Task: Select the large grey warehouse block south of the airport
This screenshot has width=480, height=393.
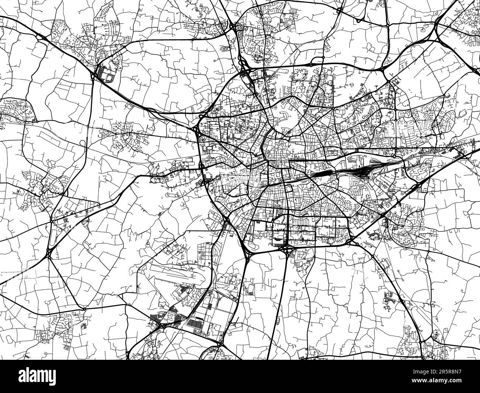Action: point(196,324)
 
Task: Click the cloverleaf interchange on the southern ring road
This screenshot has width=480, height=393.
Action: point(287,251)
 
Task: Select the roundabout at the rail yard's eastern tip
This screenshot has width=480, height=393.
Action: point(405,168)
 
